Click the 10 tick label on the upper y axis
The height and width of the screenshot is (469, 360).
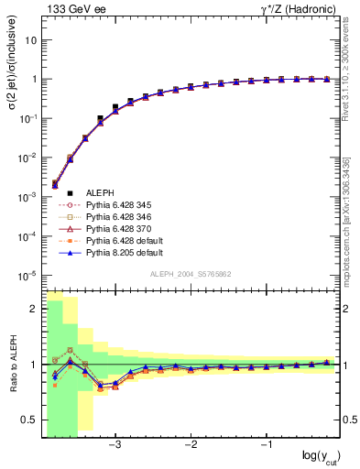click(x=30, y=40)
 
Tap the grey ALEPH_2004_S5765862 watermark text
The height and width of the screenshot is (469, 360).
click(x=191, y=275)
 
